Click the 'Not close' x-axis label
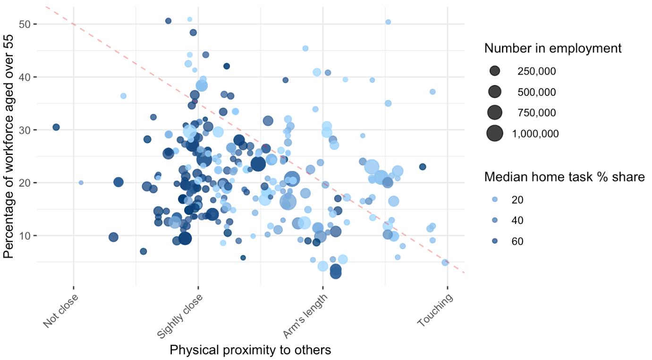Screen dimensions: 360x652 click(x=60, y=311)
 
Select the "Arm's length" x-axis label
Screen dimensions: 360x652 click(x=305, y=316)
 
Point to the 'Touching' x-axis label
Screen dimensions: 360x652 click(x=435, y=310)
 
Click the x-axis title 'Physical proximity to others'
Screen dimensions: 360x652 click(x=250, y=350)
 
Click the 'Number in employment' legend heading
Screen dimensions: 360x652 click(x=552, y=48)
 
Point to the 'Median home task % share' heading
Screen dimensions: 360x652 click(x=564, y=177)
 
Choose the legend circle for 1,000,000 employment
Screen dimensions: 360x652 click(x=495, y=134)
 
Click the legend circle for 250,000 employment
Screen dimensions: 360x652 click(x=495, y=71)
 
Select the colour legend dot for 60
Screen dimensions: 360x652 click(x=495, y=241)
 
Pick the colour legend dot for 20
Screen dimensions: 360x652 click(x=495, y=200)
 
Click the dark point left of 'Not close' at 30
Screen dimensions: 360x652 click(x=56, y=127)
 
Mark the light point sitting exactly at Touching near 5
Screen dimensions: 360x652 click(x=445, y=262)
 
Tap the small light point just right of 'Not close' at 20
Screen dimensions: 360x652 click(x=81, y=182)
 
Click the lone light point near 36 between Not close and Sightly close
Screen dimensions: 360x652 click(x=123, y=96)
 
